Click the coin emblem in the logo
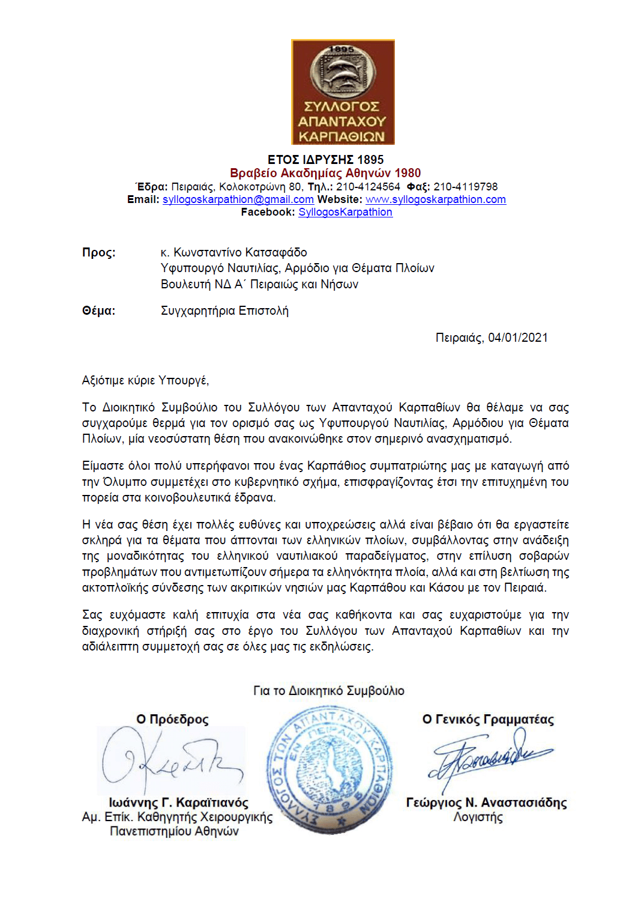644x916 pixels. tap(343, 73)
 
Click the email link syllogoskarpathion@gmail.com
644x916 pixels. tap(238, 199)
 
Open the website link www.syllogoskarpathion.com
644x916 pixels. tap(435, 199)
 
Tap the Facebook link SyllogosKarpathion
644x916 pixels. tap(345, 212)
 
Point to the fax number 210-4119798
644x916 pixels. tap(466, 187)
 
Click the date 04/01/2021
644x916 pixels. tap(517, 338)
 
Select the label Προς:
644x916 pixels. tap(98, 252)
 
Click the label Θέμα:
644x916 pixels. tap(98, 311)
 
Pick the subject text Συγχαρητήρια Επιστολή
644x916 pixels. tap(224, 311)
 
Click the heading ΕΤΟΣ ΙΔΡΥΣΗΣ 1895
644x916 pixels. tap(325, 160)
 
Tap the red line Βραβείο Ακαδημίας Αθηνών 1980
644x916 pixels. tap(325, 173)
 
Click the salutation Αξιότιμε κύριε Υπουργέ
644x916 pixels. tap(145, 380)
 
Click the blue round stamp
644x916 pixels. tap(329, 769)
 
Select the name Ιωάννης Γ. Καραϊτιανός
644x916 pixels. tap(178, 802)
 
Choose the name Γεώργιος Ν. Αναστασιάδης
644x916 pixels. tap(486, 802)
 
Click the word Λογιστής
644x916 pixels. tap(478, 817)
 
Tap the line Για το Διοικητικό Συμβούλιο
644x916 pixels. tap(328, 691)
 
